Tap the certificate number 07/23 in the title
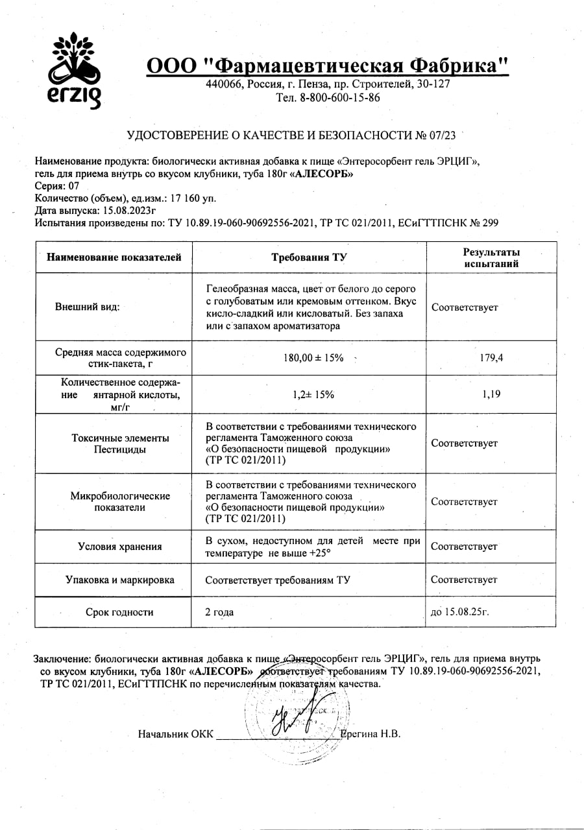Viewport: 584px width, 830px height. pos(442,136)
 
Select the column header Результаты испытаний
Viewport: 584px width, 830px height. pos(491,257)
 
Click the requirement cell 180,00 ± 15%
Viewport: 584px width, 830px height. pos(308,358)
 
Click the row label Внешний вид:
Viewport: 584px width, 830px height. pos(88,307)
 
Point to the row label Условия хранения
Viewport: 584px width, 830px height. pos(119,547)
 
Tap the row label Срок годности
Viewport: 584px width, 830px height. pos(119,611)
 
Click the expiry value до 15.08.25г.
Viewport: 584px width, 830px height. pos(459,611)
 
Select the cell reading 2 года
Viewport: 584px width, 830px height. pos(219,611)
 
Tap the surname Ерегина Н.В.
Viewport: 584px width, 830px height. pos(371,734)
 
